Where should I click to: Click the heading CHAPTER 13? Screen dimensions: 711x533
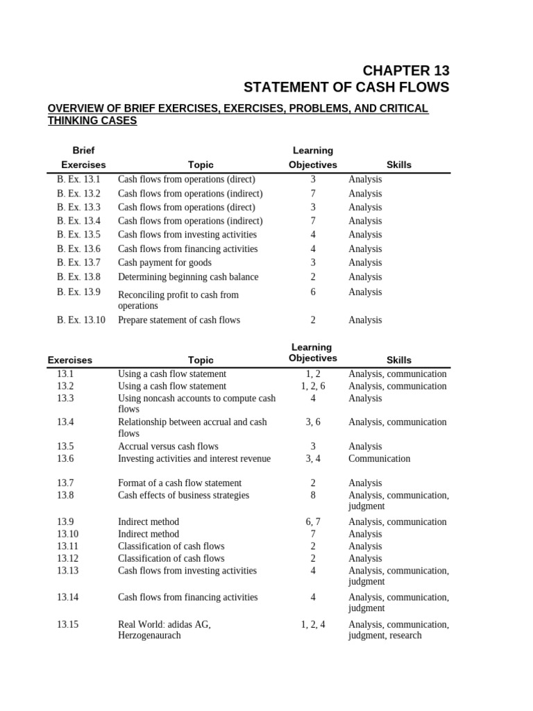tap(407, 70)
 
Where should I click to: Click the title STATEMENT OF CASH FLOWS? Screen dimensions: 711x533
tap(346, 87)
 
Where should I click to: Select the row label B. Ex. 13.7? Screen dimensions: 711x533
tap(78, 262)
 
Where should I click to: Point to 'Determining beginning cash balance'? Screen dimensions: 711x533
tap(188, 276)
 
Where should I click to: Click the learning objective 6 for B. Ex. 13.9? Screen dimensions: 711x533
tap(313, 292)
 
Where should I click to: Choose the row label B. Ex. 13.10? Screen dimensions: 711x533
tap(81, 320)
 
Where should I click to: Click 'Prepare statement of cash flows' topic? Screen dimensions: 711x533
tap(179, 320)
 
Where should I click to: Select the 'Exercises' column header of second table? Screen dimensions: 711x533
tap(69, 360)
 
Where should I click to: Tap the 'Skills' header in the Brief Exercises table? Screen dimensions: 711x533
tap(398, 165)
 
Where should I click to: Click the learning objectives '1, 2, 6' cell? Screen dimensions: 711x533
tap(313, 386)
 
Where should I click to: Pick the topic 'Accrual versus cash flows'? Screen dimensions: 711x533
tap(168, 446)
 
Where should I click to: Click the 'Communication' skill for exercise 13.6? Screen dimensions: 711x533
tap(379, 458)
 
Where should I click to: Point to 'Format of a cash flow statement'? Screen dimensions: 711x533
tap(180, 483)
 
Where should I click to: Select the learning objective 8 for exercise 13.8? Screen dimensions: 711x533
tap(313, 495)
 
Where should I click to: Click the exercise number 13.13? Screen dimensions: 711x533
tap(68, 571)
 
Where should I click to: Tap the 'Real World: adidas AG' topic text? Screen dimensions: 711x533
tap(164, 624)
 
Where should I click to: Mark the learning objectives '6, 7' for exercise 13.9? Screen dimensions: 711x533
tap(313, 521)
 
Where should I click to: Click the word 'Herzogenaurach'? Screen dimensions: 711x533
tap(149, 635)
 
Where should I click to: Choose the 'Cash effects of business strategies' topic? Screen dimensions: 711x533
tap(183, 495)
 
